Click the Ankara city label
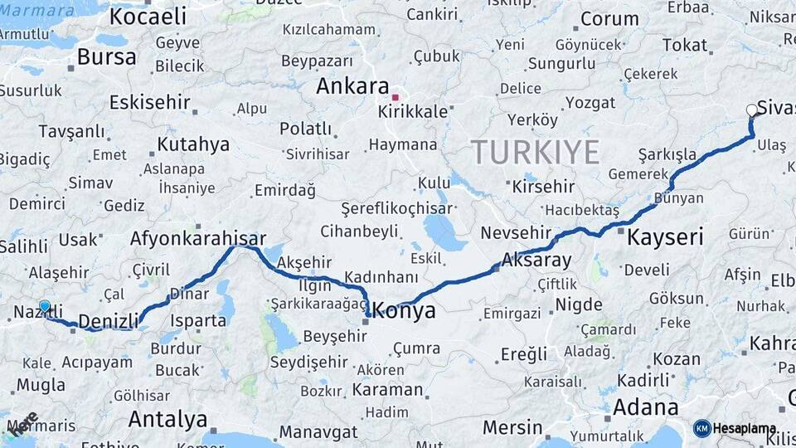tap(352, 86)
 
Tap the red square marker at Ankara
tap(396, 97)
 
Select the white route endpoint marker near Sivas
tap(752, 110)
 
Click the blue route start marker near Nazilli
tap(45, 306)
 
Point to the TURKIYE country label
tap(535, 152)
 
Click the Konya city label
tap(405, 311)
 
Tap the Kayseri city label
tap(665, 237)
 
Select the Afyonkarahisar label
tap(197, 239)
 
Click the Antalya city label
tap(167, 419)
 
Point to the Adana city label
tap(645, 407)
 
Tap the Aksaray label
tap(536, 261)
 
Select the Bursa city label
tap(107, 57)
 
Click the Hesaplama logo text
tap(745, 429)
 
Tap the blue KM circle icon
tap(702, 428)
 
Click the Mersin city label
tap(512, 428)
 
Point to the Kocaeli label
tap(148, 17)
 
